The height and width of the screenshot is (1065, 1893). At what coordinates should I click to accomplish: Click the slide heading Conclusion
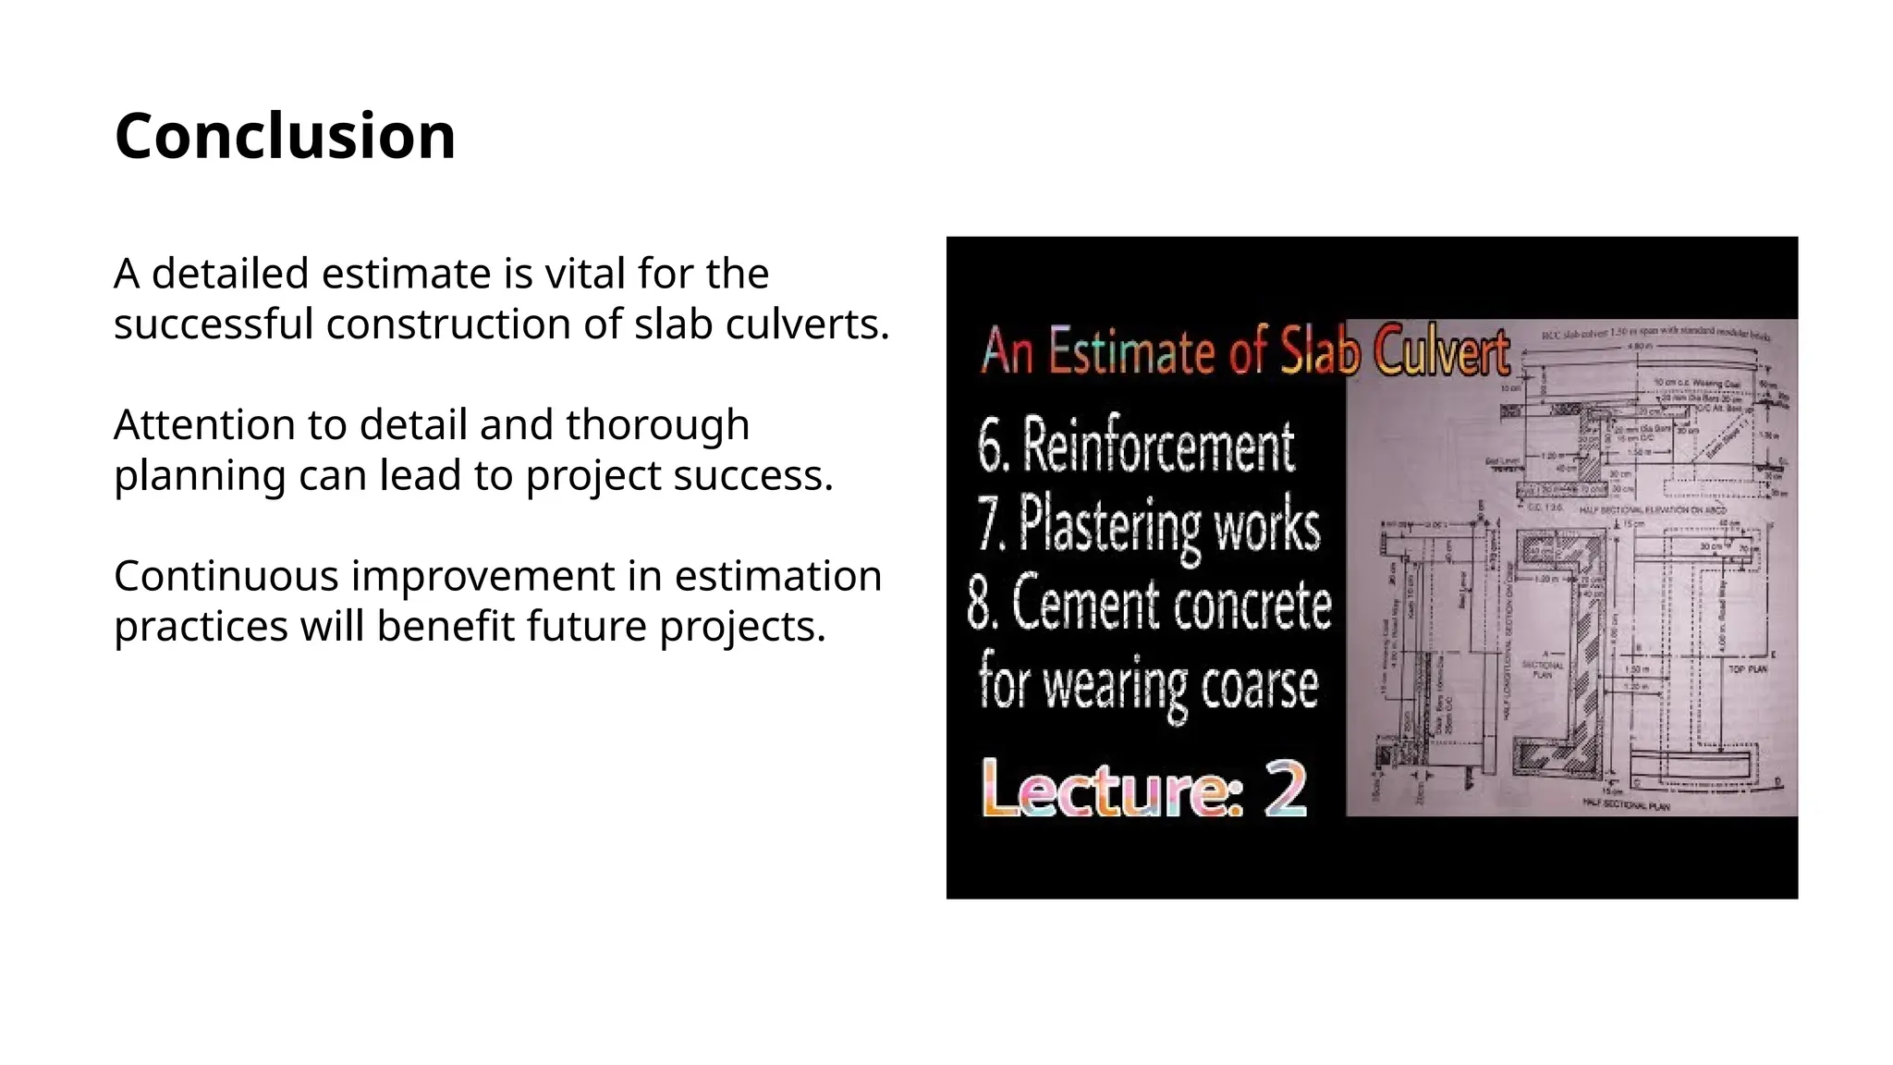[285, 136]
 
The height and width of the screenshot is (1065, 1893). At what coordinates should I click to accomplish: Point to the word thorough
[657, 425]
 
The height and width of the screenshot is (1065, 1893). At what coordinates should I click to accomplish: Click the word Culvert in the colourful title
[1440, 352]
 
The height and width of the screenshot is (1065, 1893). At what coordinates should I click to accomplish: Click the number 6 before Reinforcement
[989, 448]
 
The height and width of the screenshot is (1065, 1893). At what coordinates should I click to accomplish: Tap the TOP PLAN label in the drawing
[1747, 668]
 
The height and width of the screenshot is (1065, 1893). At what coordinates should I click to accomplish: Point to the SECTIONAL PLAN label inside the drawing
[1542, 668]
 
